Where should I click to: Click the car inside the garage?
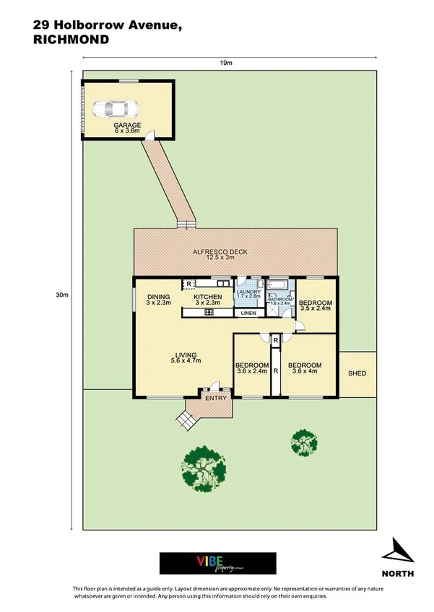(115, 110)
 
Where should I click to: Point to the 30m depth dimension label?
(64, 296)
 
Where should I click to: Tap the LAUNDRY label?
(249, 292)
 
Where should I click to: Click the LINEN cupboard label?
(248, 314)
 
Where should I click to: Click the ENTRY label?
(216, 398)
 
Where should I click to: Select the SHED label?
(357, 373)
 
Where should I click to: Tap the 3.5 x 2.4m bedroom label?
(315, 306)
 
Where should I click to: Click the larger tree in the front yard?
(204, 466)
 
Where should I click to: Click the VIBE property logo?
(217, 563)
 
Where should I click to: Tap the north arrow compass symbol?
(399, 553)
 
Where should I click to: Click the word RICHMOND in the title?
(71, 40)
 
